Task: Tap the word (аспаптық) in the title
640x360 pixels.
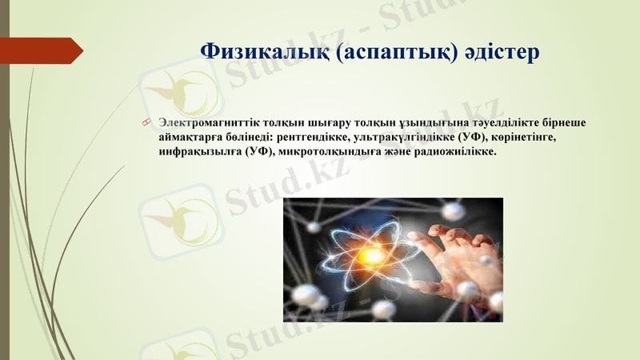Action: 397,52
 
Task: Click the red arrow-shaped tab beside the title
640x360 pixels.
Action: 44,51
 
